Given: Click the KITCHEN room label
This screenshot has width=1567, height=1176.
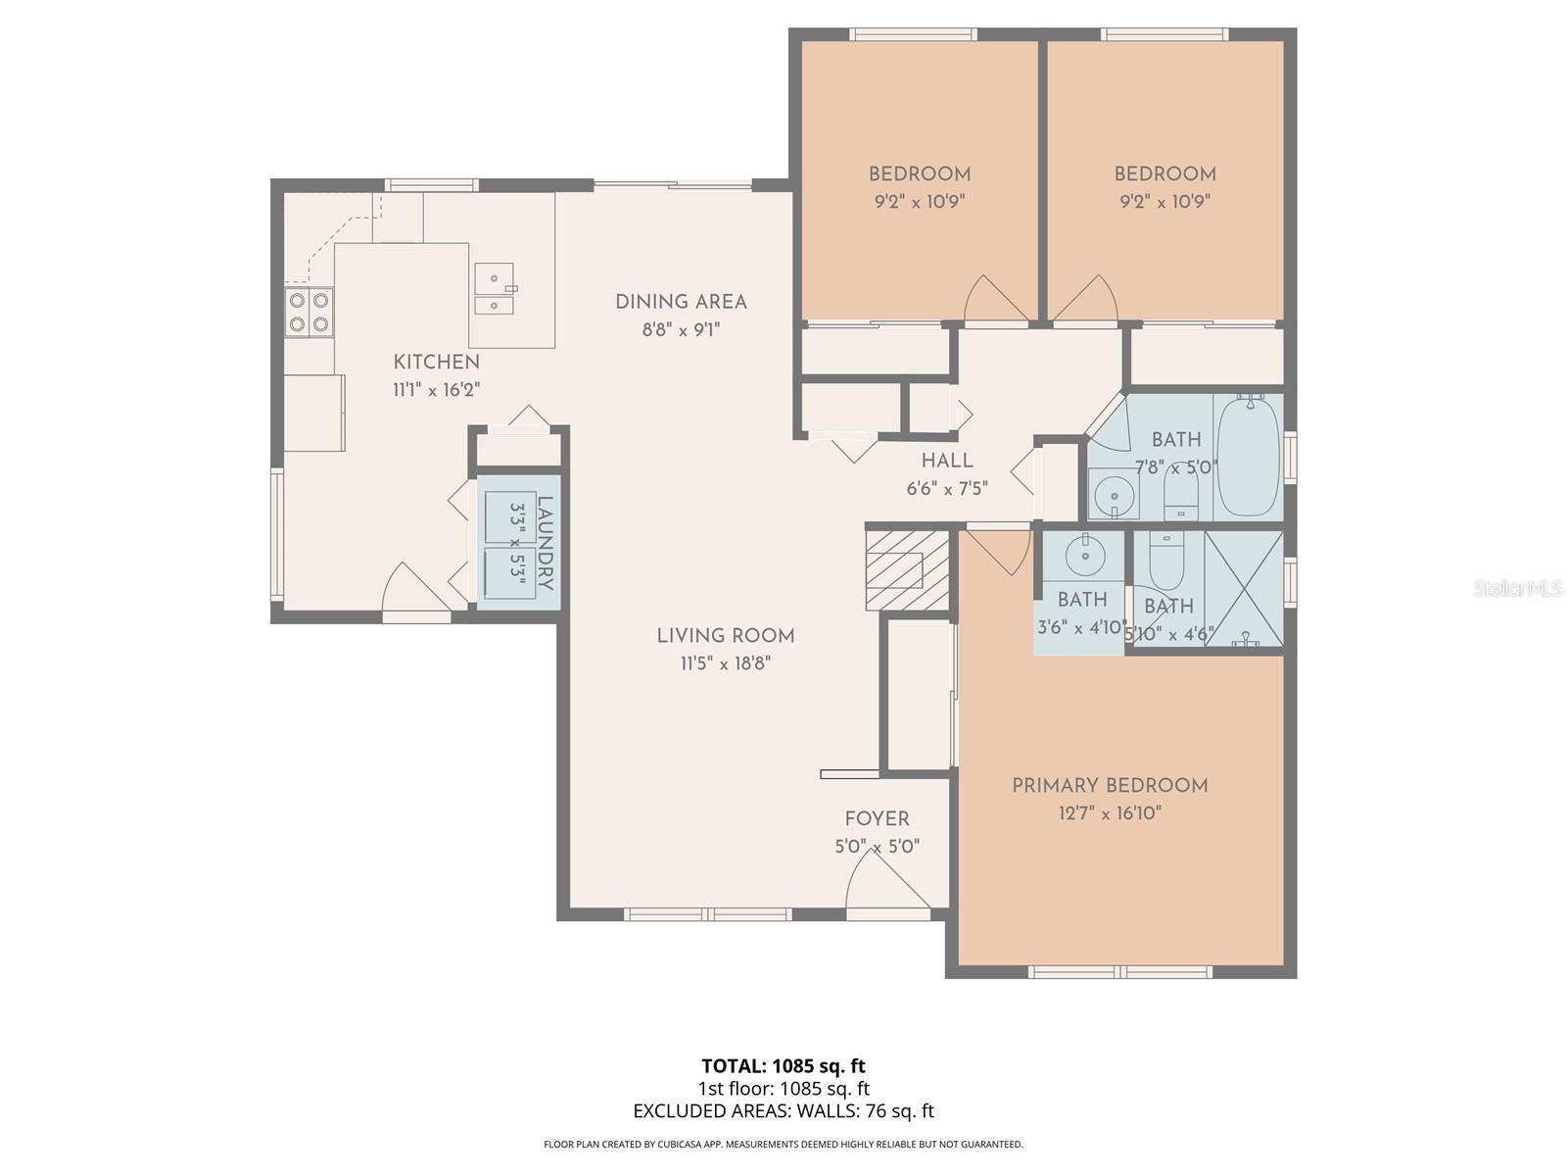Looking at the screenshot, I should coord(436,362).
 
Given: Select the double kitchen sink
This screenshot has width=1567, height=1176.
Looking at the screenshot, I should coord(495,289).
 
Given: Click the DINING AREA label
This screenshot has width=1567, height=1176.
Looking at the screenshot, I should coord(681,302).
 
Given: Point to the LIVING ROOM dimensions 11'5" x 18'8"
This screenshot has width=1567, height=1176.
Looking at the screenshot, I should coord(726,663).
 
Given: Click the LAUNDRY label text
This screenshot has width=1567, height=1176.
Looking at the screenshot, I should coord(546,544).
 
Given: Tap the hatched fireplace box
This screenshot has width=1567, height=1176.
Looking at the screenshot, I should coord(908,570).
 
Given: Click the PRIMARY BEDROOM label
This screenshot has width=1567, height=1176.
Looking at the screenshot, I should coord(1110,785).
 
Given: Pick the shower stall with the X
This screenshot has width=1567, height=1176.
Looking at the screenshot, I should coord(1243,588).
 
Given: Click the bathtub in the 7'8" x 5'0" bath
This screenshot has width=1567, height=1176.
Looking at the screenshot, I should coord(1248,456).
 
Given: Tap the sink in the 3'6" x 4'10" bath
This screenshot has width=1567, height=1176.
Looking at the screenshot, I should coord(1085,556).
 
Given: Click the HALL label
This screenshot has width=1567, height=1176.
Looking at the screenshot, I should coord(947,461).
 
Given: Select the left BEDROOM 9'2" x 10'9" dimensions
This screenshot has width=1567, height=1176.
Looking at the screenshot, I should coord(920,202).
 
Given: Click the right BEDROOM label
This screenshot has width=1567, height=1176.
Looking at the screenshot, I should coord(1164,174).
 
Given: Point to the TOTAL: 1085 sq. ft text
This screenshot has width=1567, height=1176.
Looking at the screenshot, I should coord(783,1065).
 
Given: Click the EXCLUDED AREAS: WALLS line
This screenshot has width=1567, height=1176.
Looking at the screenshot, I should coord(783,1111).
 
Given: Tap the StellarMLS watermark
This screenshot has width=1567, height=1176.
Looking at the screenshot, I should coord(1518,589).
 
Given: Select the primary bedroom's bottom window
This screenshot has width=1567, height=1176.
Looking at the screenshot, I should coord(1120,972).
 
